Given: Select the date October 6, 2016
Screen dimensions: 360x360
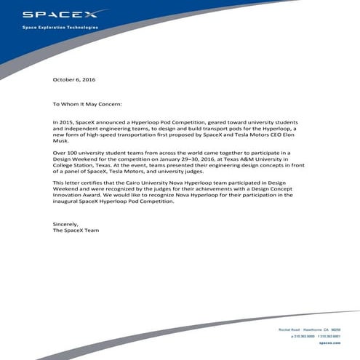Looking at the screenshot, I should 74,79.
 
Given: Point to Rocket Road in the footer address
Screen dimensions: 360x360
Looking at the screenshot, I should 289,330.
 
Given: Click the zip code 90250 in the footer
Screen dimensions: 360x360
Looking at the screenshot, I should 336,330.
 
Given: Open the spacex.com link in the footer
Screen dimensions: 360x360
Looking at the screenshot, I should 330,342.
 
